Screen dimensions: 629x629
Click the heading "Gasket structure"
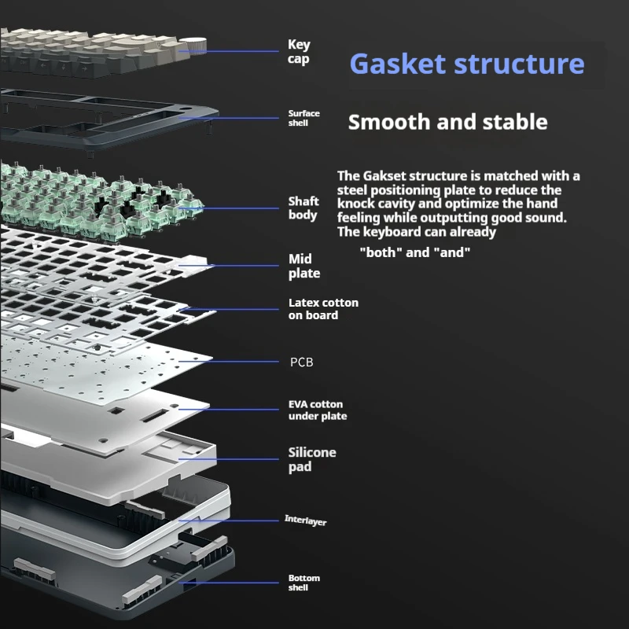pos(466,64)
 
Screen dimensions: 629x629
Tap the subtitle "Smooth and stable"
pos(447,123)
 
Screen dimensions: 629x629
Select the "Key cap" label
pos(299,52)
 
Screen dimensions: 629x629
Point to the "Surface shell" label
pos(303,118)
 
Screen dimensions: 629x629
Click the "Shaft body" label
pos(303,208)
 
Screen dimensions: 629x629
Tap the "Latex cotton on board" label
pos(323,309)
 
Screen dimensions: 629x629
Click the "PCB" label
pos(302,362)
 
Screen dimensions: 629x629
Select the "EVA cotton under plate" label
pos(318,410)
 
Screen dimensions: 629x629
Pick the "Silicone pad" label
pos(312,459)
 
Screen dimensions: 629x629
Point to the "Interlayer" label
pos(305,521)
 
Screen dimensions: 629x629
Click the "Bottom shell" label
pos(304,583)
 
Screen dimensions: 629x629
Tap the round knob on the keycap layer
pos(193,46)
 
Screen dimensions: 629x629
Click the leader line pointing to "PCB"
pos(236,362)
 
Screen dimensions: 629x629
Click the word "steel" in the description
pos(355,190)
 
